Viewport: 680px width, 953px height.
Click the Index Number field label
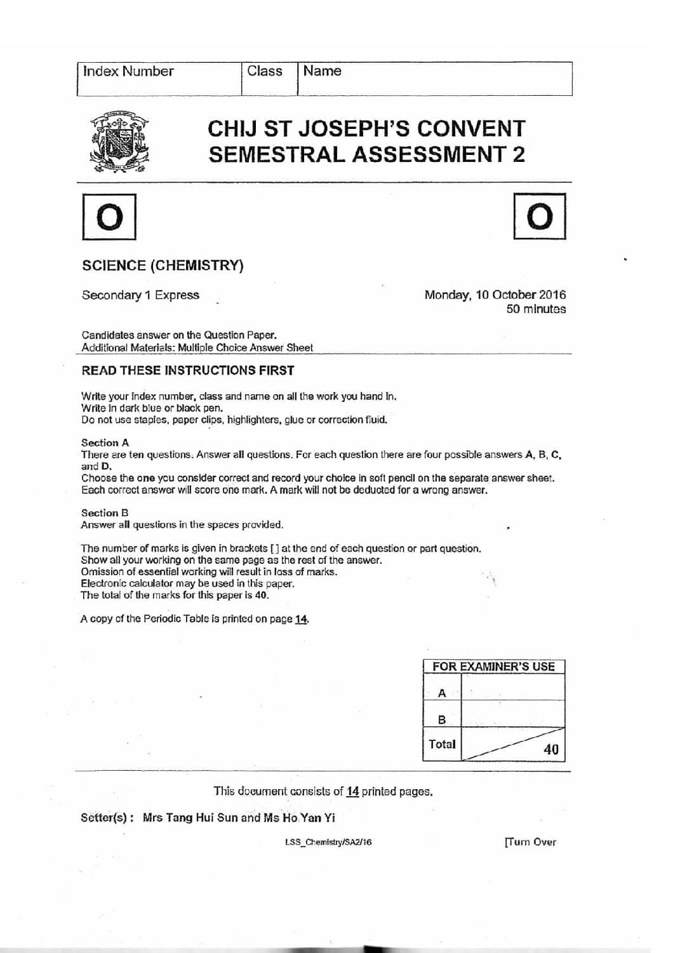click(128, 71)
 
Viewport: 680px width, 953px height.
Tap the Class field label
click(264, 71)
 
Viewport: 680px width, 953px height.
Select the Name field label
click(322, 71)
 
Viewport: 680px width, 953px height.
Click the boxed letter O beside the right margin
click(539, 217)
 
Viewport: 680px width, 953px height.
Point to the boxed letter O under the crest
click(109, 217)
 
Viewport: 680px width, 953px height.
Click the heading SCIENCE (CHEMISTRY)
click(163, 265)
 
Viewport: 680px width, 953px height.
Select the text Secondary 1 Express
click(140, 295)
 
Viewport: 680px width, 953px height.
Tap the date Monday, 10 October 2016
click(495, 295)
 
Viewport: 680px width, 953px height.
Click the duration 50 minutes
click(536, 309)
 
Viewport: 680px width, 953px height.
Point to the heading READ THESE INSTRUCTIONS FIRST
click(188, 370)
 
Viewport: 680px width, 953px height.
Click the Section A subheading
click(105, 443)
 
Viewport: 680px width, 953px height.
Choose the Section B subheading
click(105, 512)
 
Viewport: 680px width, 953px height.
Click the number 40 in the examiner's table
click(550, 749)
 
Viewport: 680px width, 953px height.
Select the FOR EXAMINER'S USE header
click(493, 667)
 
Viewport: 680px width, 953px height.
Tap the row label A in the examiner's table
click(442, 693)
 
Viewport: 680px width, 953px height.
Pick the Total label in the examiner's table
click(442, 744)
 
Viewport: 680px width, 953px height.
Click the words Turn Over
click(530, 842)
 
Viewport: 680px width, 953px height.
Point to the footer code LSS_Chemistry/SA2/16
click(328, 843)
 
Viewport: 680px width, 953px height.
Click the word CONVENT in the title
click(470, 129)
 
